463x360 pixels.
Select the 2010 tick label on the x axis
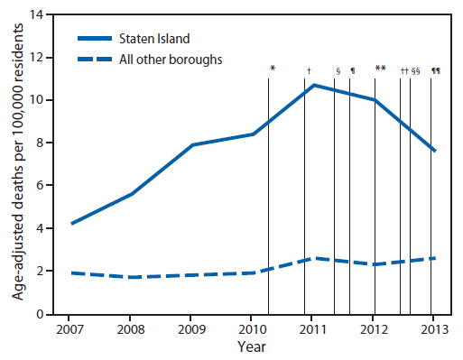coord(251,328)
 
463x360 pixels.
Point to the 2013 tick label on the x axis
coord(434,328)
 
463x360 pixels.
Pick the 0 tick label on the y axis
coord(39,314)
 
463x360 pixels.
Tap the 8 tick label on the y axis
coord(39,143)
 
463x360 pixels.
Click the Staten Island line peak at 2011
coord(312,85)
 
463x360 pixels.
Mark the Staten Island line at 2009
coord(190,144)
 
